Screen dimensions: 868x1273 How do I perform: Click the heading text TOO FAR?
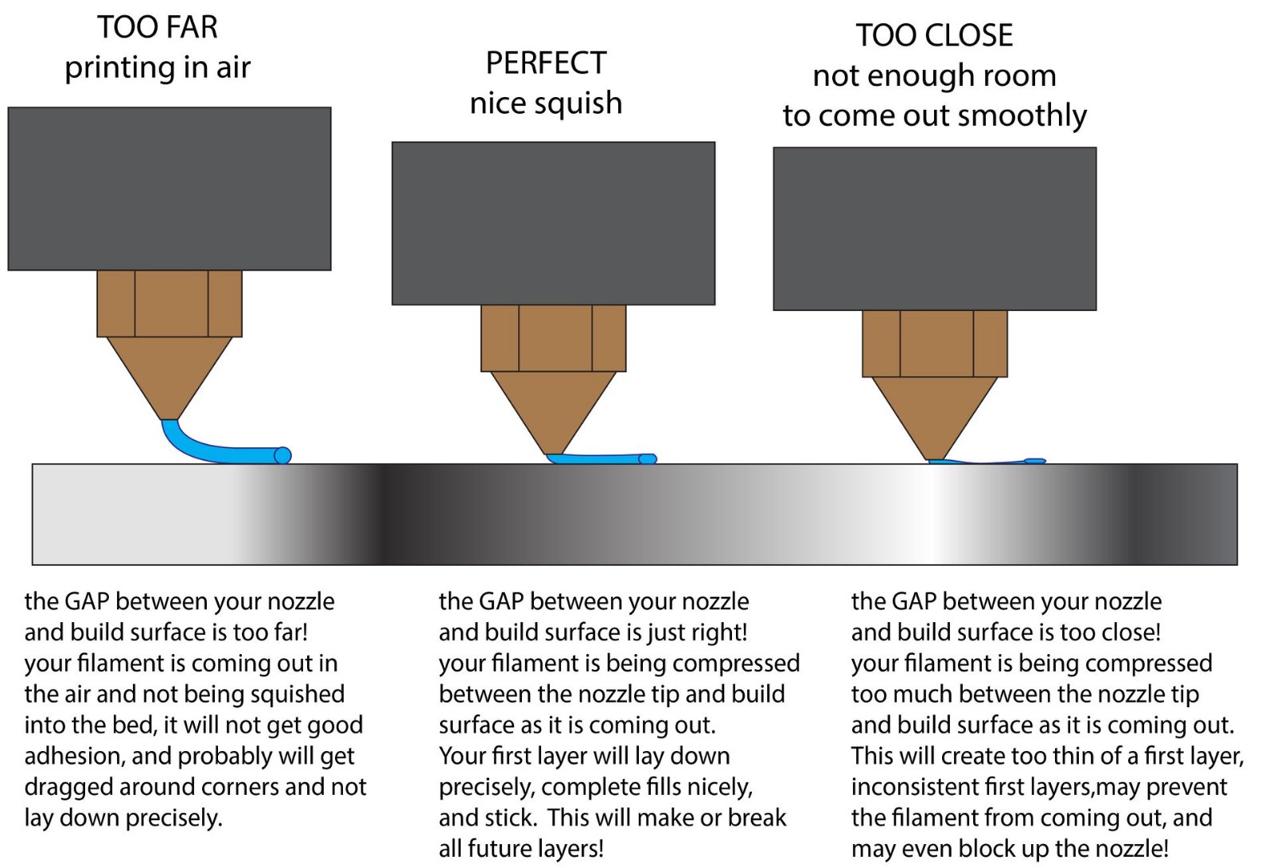158,28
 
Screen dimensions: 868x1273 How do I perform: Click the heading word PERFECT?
546,63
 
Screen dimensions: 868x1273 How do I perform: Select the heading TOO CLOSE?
934,36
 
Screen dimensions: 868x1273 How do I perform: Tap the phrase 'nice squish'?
546,103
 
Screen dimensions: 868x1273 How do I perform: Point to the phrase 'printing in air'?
158,68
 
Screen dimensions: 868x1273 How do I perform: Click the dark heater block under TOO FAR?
169,189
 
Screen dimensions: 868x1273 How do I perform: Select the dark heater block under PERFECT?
553,223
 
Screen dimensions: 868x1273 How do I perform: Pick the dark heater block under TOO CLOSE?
934,228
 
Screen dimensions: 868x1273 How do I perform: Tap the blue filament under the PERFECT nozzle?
601,458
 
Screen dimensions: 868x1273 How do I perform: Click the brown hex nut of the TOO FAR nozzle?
169,303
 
